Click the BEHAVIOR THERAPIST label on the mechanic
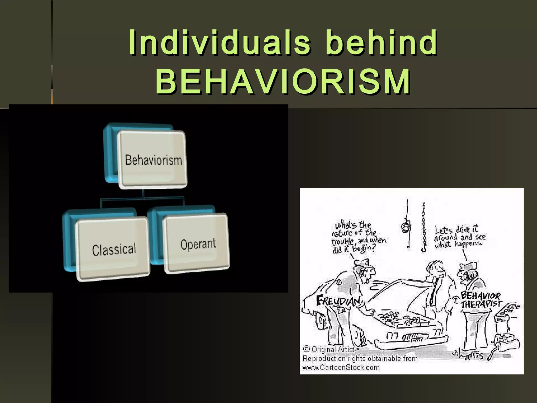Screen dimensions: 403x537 (481, 300)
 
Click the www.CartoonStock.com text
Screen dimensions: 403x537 (341, 367)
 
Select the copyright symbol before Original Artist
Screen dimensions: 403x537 (306, 349)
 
